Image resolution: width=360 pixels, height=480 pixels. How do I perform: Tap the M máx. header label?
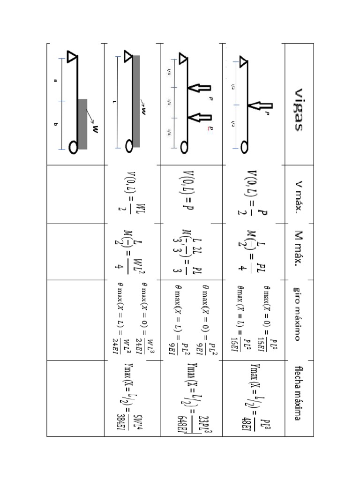coord(298,252)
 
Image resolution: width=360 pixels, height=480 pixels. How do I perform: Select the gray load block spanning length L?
coord(136,101)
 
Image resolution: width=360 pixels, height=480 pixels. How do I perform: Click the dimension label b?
coord(55,124)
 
